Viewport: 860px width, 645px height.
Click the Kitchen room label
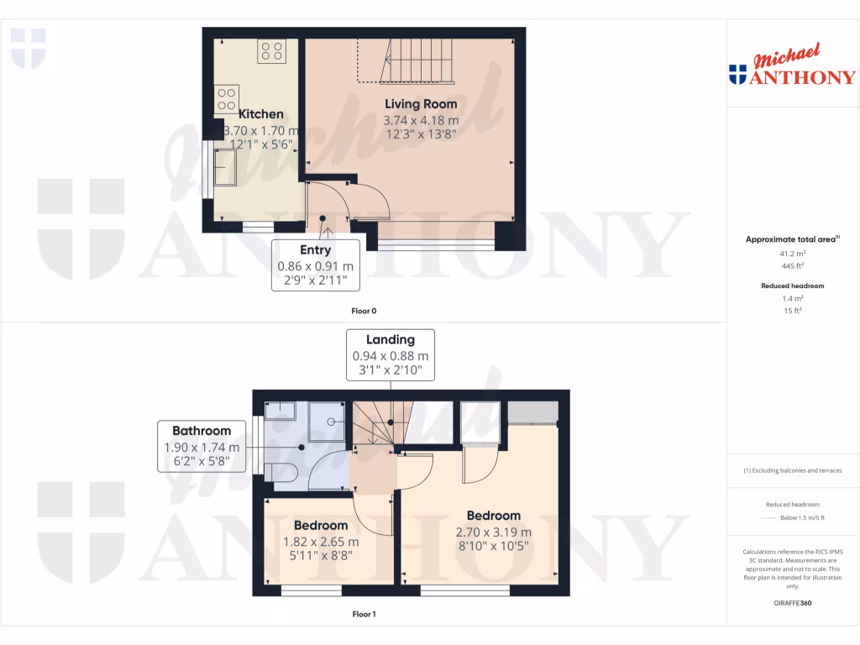click(x=261, y=114)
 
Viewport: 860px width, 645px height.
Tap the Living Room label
click(x=421, y=104)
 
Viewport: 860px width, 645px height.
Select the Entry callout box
click(x=316, y=265)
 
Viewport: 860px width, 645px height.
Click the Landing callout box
click(x=391, y=354)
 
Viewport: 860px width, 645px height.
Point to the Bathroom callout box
click(x=202, y=446)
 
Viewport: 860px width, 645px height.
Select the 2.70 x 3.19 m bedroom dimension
click(x=493, y=532)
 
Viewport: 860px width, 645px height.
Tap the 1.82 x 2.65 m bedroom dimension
click(x=321, y=541)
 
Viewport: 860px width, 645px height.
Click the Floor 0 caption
click(x=363, y=312)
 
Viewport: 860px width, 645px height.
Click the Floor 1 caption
click(x=363, y=614)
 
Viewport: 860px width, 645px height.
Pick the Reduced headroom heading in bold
click(x=792, y=286)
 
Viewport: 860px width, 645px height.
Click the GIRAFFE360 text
click(x=792, y=603)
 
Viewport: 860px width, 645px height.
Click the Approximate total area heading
click(x=792, y=239)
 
